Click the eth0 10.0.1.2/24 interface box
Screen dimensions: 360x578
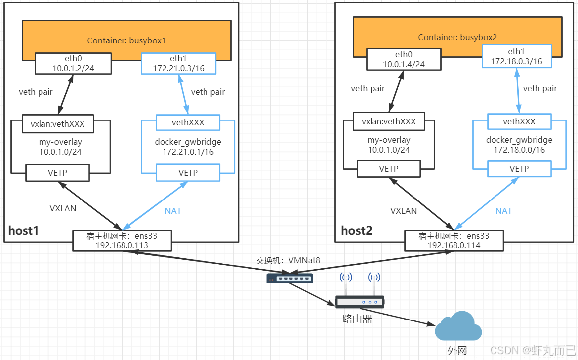[72, 63]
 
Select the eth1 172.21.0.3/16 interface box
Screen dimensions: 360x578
[178, 63]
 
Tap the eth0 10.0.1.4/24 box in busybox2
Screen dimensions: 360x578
[404, 59]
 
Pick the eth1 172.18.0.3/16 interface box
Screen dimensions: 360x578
[517, 56]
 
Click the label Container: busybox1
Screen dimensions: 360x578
[126, 40]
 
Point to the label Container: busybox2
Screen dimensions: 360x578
[457, 37]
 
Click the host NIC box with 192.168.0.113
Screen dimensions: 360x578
[122, 240]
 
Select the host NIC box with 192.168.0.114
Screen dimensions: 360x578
[454, 240]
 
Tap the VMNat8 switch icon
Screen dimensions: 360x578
[290, 279]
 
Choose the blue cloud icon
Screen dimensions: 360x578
[458, 327]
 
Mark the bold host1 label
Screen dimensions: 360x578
[23, 231]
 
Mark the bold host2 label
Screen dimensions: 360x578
[356, 231]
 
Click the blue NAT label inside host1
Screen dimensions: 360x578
[173, 211]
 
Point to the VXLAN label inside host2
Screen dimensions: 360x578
[404, 211]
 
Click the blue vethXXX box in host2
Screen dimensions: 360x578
[519, 121]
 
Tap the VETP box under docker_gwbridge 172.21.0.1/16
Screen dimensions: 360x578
[188, 173]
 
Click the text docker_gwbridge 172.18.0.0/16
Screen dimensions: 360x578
[519, 145]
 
